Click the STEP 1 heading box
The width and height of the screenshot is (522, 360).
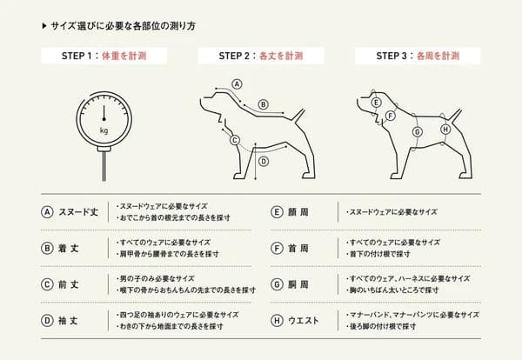(x=104, y=57)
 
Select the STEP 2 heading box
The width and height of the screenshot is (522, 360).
(x=260, y=57)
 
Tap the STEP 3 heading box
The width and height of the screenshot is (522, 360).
(x=417, y=57)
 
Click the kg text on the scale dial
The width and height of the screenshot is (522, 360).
(x=104, y=130)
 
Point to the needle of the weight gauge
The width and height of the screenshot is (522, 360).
(x=104, y=113)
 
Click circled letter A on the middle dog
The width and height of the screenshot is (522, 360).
(x=236, y=84)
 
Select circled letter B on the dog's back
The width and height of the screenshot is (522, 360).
(x=263, y=104)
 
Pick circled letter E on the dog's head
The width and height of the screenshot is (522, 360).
(x=376, y=103)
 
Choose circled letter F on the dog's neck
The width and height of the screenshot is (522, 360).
(x=391, y=116)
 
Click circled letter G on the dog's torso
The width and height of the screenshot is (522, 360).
(x=417, y=131)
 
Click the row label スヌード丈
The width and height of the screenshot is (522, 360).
(x=77, y=211)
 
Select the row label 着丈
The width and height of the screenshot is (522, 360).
(x=69, y=248)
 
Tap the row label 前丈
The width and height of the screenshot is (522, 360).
(x=69, y=283)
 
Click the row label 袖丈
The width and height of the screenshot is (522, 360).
(x=69, y=320)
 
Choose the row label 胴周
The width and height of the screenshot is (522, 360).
(x=298, y=283)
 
